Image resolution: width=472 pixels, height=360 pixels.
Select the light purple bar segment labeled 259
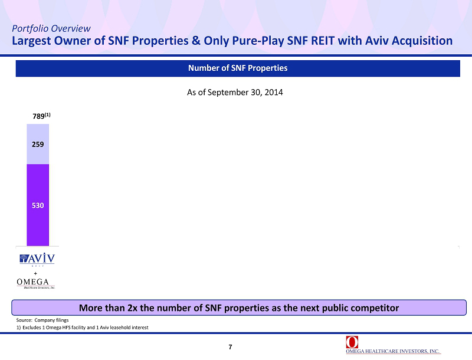(38, 144)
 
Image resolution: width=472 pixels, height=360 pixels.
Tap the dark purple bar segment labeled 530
(38, 205)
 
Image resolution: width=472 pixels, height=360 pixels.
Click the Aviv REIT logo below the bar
(37, 260)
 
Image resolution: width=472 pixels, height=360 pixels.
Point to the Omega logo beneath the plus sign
(36, 283)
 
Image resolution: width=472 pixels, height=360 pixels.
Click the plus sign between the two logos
(35, 273)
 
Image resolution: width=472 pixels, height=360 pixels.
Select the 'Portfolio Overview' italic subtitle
(51, 28)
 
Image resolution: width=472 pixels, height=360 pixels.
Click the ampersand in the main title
(196, 40)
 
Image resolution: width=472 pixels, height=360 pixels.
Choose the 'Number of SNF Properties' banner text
(238, 68)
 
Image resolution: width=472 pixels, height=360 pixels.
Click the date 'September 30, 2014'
(245, 92)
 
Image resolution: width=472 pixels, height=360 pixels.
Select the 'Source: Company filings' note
(42, 320)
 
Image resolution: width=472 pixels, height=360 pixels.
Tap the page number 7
(230, 347)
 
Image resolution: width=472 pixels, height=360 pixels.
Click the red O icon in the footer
(352, 342)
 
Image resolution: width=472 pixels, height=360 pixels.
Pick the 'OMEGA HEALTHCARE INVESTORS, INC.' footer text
(393, 351)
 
